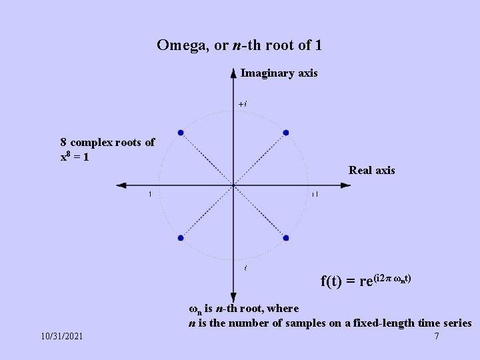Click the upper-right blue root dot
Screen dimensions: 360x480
[x=286, y=133]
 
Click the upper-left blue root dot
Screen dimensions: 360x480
[x=181, y=133]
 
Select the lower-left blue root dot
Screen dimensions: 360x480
[x=181, y=238]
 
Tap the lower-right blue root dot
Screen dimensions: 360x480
[x=286, y=238]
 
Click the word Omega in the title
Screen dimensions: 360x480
[x=177, y=45]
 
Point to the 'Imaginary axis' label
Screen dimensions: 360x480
[x=279, y=73]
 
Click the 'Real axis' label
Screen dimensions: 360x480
[x=371, y=170]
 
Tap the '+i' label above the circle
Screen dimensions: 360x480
[x=243, y=104]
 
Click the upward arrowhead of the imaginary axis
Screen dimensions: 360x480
[x=233, y=73]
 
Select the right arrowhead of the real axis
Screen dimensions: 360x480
[x=345, y=185]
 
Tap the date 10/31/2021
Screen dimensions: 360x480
[x=61, y=336]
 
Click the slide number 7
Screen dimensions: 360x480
[x=436, y=336]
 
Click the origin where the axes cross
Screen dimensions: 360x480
[x=233, y=185]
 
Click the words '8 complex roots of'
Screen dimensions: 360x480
[x=107, y=142]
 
